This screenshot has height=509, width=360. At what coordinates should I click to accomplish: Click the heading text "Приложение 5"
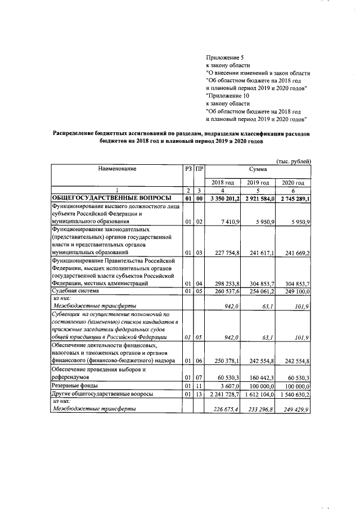[225, 57]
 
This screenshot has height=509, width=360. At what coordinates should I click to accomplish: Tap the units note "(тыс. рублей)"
[293, 162]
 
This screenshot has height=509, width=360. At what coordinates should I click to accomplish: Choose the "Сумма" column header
[258, 168]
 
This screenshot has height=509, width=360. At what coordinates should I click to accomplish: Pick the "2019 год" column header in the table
[258, 183]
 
